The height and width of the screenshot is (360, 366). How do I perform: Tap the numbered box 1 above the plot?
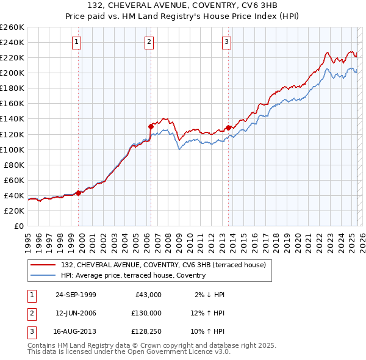click(77, 42)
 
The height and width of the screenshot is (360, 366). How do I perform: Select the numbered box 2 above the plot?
click(149, 42)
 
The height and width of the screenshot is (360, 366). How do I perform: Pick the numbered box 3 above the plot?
click(226, 42)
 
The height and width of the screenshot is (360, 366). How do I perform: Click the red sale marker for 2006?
click(151, 126)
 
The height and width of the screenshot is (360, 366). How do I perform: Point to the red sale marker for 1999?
click(79, 193)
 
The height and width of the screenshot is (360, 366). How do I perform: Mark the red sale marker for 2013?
click(228, 128)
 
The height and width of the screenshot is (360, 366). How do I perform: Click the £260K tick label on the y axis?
click(12, 27)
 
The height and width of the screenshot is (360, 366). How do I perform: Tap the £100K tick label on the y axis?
click(12, 149)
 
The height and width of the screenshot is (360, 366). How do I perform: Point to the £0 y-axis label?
click(18, 226)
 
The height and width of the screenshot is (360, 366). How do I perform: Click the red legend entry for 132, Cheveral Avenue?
click(163, 265)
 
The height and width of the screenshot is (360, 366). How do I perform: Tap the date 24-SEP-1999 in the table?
click(76, 295)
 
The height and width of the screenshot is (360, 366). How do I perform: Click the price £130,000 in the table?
click(146, 313)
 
